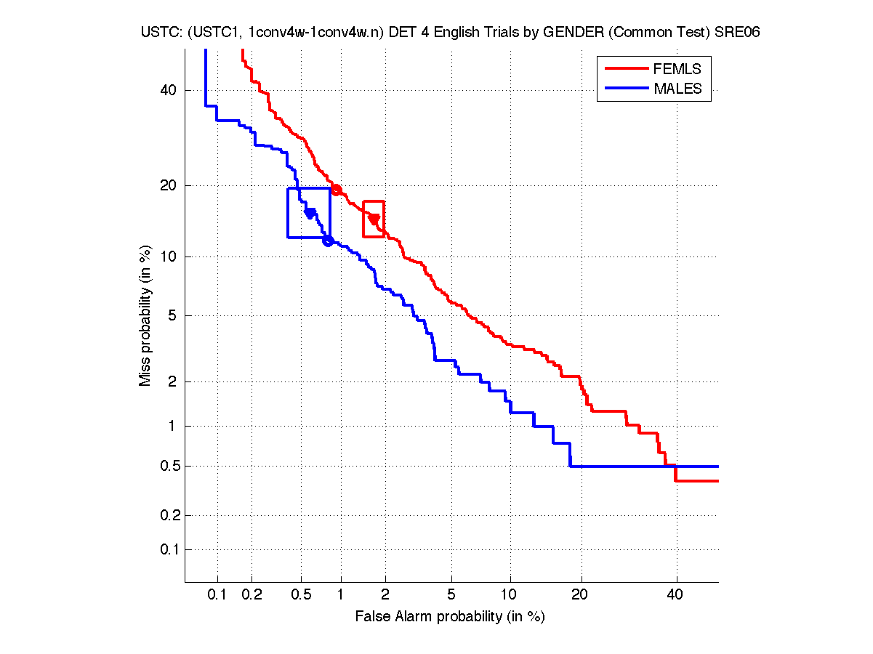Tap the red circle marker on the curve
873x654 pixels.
[336, 190]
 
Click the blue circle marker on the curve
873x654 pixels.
[328, 241]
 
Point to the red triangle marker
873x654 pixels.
[374, 219]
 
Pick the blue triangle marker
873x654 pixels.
[310, 213]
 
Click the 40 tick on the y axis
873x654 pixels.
[169, 91]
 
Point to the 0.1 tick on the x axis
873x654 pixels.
[217, 595]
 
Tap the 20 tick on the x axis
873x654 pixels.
[579, 595]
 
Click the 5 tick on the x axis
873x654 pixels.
[451, 595]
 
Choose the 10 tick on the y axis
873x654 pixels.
[169, 257]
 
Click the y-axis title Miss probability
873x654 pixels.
[145, 315]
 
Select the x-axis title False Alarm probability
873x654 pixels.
[450, 617]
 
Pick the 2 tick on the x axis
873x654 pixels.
[385, 595]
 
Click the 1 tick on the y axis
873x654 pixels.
[172, 426]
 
